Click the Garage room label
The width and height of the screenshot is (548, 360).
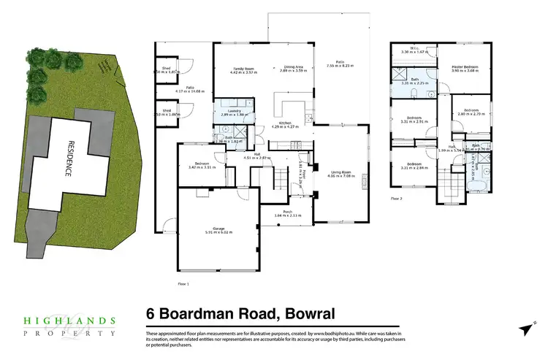pos(218,229)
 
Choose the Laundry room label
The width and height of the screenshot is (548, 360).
pos(231,111)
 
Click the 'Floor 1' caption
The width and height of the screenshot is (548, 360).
pos(163,283)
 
